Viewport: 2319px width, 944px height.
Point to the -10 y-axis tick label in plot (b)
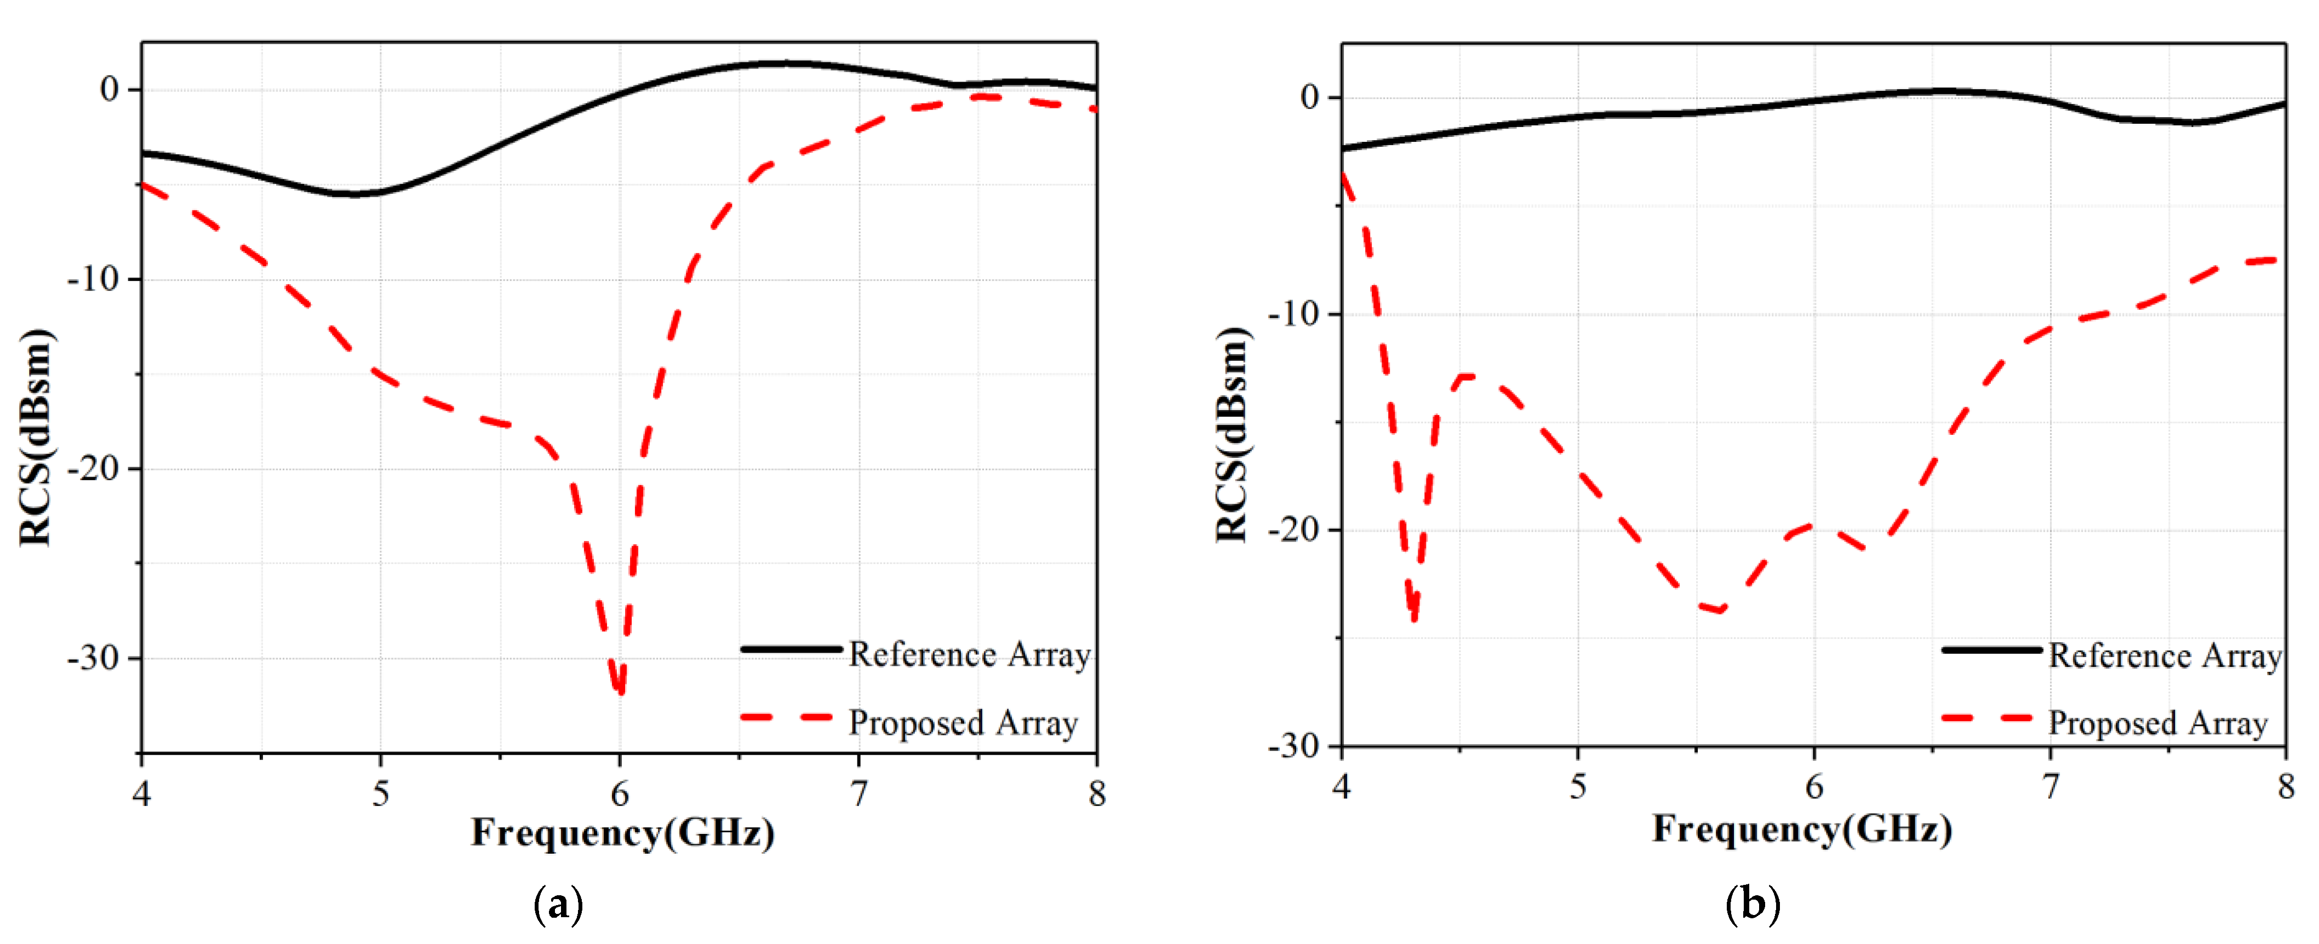[1293, 313]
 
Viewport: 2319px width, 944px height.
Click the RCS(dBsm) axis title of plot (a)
[36, 438]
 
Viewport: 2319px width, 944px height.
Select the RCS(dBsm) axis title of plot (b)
[1233, 435]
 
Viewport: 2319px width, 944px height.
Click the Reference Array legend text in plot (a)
[970, 654]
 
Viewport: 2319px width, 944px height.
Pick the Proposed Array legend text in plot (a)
[963, 723]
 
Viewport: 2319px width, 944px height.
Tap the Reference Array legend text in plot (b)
[2165, 656]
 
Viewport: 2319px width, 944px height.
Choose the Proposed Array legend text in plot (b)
[2158, 723]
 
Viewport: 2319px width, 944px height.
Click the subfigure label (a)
[558, 903]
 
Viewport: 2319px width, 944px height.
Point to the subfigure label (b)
[1752, 903]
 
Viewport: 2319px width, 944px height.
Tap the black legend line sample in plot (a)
[791, 649]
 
